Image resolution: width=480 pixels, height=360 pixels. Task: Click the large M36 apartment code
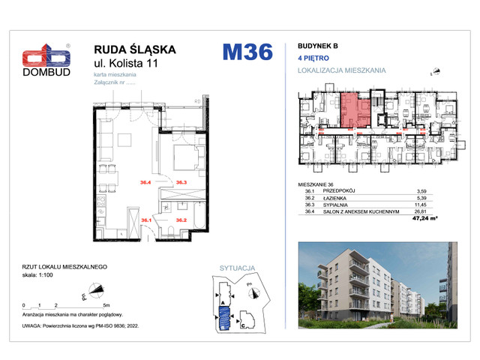tap(247, 53)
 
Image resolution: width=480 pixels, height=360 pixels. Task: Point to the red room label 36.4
tap(146, 181)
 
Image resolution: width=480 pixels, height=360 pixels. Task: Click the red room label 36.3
tap(181, 181)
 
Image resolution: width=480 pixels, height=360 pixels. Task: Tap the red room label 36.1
tap(146, 220)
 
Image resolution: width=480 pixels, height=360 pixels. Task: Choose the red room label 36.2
tap(181, 220)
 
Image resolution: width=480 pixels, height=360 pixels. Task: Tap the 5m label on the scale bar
tap(107, 307)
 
